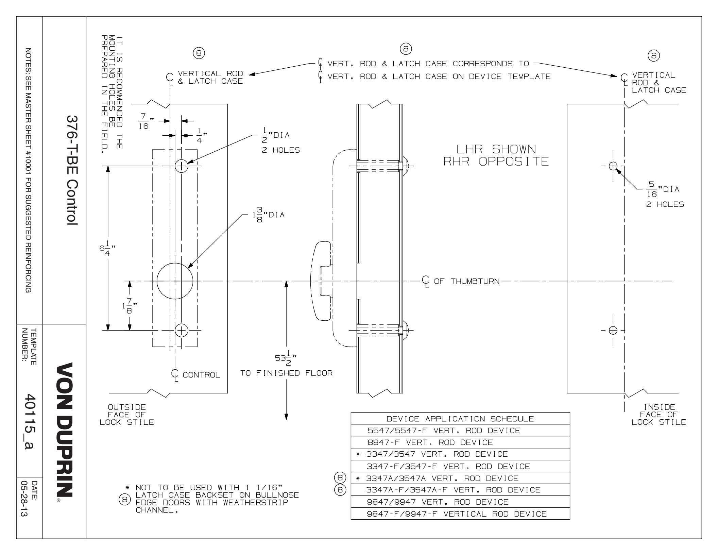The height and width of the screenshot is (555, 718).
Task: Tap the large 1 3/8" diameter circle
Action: tap(175, 281)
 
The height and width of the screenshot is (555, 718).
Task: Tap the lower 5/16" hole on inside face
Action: tap(613, 330)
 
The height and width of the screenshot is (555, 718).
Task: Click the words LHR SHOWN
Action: tap(496, 149)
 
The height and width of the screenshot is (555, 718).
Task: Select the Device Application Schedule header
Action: tap(460, 419)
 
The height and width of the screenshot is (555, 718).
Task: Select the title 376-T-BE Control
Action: tap(72, 170)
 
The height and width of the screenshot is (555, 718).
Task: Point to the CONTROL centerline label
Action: tap(201, 375)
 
